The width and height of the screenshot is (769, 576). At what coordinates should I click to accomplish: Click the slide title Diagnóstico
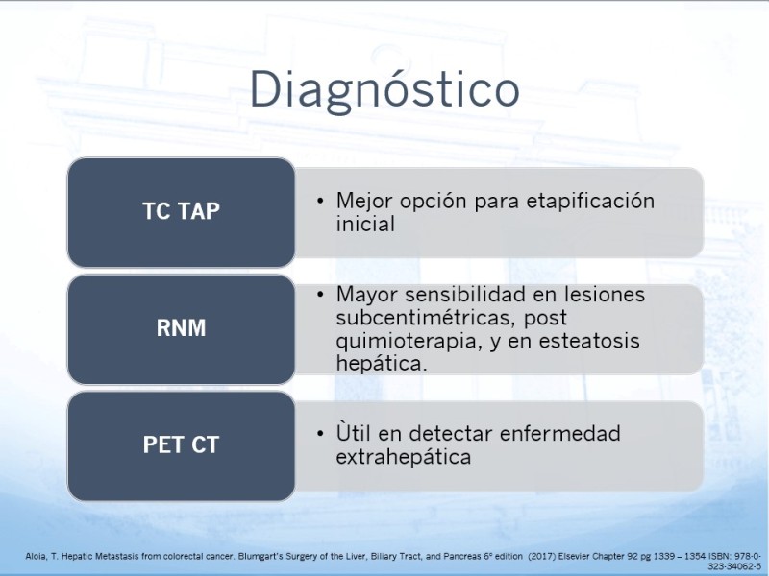pos(384,90)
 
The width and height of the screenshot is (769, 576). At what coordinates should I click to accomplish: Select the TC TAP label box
pos(181,212)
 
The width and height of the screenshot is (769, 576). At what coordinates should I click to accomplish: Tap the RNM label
pos(181,328)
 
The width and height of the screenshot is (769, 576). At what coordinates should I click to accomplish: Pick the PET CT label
pos(181,444)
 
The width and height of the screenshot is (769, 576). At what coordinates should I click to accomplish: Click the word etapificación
pos(590,202)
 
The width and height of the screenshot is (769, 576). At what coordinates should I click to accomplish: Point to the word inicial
pos(365,224)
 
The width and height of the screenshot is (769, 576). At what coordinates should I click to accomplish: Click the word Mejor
pos(364,202)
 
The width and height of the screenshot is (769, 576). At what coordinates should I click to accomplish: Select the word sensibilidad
pos(482,295)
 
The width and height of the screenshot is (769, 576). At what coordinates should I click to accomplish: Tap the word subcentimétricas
pos(425,318)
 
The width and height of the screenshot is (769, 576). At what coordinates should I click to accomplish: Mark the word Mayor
pos(367,296)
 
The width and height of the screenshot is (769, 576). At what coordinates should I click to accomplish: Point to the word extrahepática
pos(404,457)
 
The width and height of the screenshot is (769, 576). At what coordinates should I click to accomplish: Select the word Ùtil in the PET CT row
pos(353,433)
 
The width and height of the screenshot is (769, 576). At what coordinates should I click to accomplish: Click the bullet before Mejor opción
pos(320,201)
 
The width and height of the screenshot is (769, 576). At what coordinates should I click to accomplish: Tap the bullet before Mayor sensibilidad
pos(320,295)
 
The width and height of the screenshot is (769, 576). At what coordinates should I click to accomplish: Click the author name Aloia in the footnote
pos(35,557)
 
